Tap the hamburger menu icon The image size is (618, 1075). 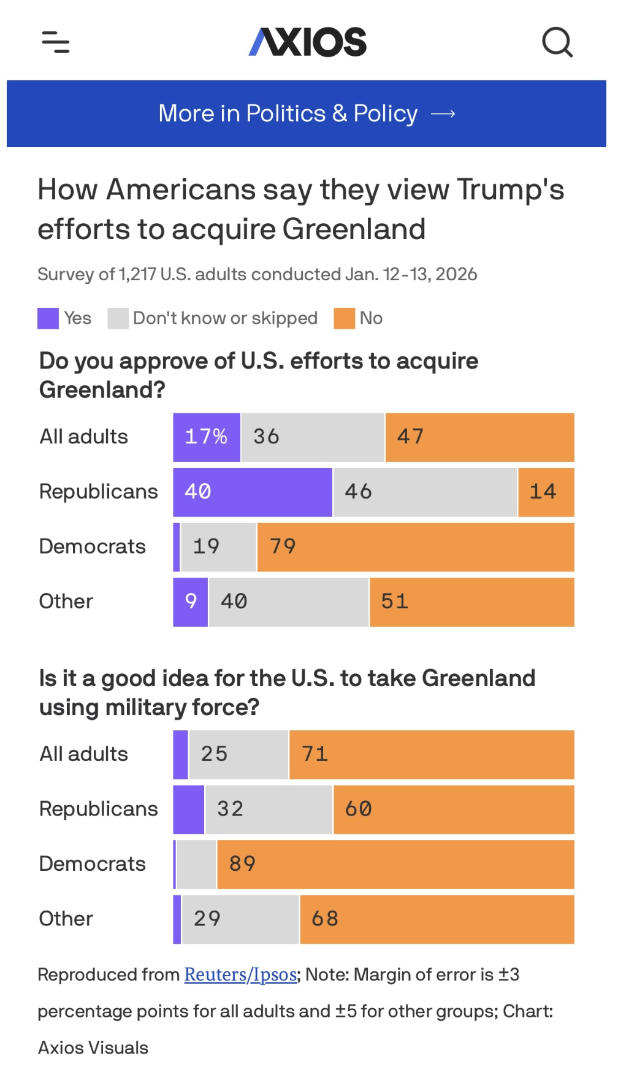coord(56,42)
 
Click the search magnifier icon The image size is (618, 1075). coord(557,42)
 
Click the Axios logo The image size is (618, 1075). coord(308,42)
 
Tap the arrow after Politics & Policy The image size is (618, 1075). coord(443,114)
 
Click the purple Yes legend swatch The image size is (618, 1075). coord(48,319)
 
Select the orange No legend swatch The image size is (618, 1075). coord(344,319)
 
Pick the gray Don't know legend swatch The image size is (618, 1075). coord(118,319)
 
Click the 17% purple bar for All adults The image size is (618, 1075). coord(207,437)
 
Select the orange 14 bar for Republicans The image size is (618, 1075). coord(546,492)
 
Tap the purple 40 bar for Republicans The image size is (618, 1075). coord(253,492)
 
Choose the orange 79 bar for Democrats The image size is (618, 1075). coord(416,547)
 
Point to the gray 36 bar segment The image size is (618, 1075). coord(313,437)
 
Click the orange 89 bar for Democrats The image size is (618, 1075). coord(395,865)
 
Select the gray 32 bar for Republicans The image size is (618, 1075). coord(269,809)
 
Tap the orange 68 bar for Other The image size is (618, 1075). coord(437,919)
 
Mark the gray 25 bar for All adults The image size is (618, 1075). coord(238,755)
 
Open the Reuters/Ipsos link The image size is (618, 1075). coord(240,974)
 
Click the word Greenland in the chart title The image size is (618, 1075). coord(354,229)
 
